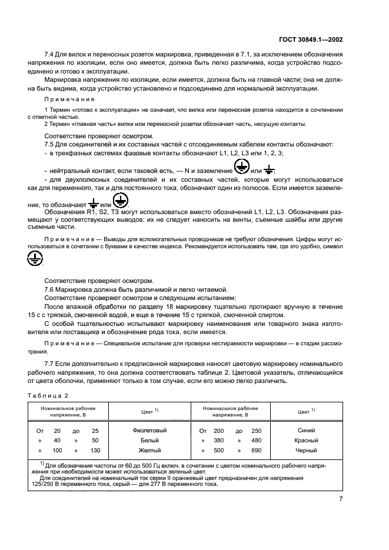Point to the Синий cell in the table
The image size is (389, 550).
tap(309, 431)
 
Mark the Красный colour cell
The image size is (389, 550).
tap(309, 441)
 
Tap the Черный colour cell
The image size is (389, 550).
tap(309, 451)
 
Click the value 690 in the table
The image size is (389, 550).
tap(257, 451)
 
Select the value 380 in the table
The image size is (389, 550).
tap(219, 441)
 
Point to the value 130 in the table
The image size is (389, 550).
tap(95, 451)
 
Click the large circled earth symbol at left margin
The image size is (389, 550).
tap(35, 258)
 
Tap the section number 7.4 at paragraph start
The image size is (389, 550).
tap(51, 55)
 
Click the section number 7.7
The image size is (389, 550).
tap(51, 364)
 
